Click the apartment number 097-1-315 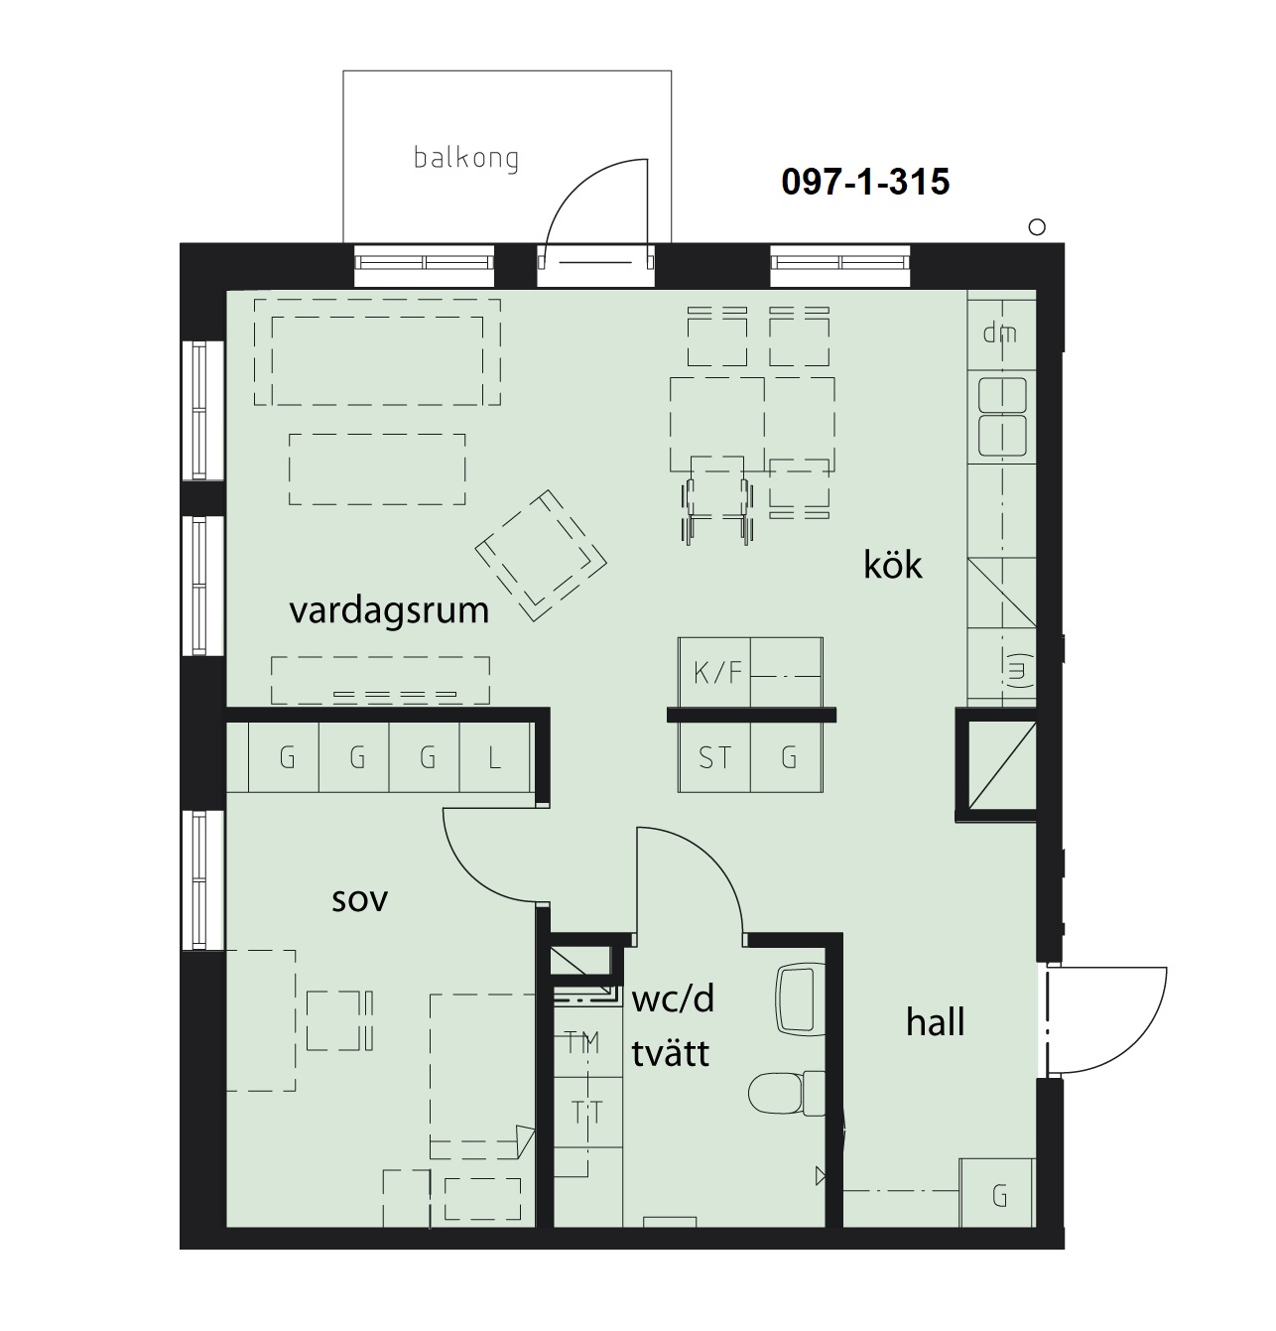pyautogui.click(x=865, y=182)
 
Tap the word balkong pyautogui.click(x=466, y=158)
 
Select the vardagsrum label pyautogui.click(x=389, y=610)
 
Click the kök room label pyautogui.click(x=892, y=565)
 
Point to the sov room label pyautogui.click(x=360, y=899)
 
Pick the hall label pyautogui.click(x=935, y=1022)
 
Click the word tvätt pyautogui.click(x=670, y=1053)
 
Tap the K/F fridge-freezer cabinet pyautogui.click(x=714, y=672)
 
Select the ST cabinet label pyautogui.click(x=714, y=758)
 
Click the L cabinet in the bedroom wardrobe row pyautogui.click(x=494, y=757)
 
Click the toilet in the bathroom pyautogui.click(x=787, y=1093)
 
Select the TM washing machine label pyautogui.click(x=582, y=1042)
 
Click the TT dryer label pyautogui.click(x=586, y=1115)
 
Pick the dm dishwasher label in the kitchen pyautogui.click(x=999, y=333)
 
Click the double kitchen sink pyautogui.click(x=1002, y=417)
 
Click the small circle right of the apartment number pyautogui.click(x=1037, y=227)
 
